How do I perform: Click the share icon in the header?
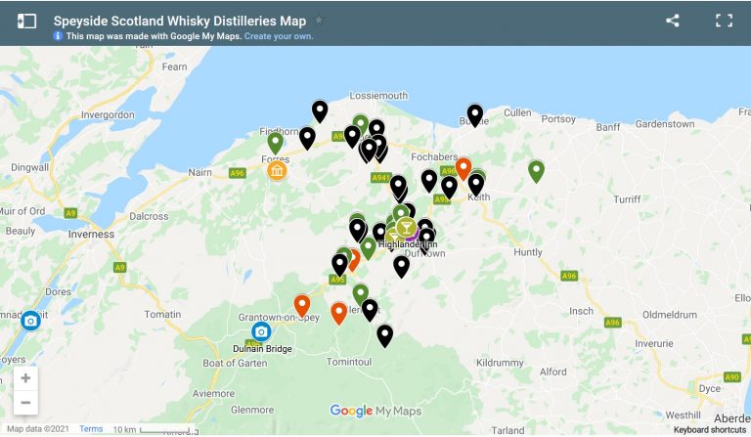tap(672, 21)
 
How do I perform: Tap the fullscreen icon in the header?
tap(724, 21)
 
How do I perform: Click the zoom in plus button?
tap(25, 378)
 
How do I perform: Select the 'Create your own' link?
tap(279, 36)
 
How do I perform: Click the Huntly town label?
tap(528, 252)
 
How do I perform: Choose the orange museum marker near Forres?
tap(277, 172)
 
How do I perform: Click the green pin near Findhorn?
tap(276, 142)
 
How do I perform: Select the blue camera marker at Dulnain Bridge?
tap(261, 331)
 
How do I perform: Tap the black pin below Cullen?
tap(475, 113)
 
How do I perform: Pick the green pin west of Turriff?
tap(536, 170)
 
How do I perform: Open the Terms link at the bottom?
tap(91, 429)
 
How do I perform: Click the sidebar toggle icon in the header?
tap(26, 21)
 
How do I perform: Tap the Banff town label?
tap(607, 126)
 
